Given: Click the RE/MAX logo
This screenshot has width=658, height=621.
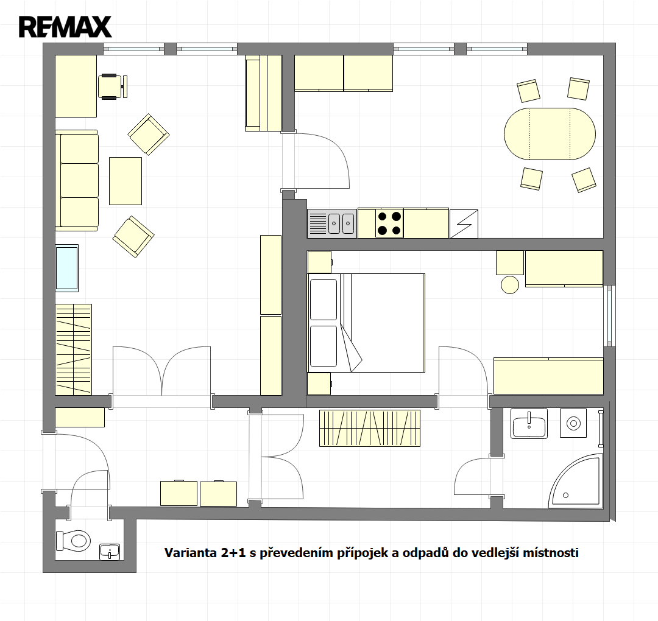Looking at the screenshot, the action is click(x=65, y=27).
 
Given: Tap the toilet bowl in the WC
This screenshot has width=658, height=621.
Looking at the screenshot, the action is click(x=74, y=540).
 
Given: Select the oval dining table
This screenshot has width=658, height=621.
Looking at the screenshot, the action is click(x=550, y=134).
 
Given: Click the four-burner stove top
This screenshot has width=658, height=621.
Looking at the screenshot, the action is click(x=389, y=223).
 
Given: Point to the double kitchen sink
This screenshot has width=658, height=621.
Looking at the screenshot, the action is click(x=332, y=223).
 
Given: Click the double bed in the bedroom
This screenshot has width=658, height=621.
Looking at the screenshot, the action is click(x=366, y=323).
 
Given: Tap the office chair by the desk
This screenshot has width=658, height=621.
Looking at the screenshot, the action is click(x=113, y=87).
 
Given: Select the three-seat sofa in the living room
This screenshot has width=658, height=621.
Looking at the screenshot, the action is click(x=77, y=180).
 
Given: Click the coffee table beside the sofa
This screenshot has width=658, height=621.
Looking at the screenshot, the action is click(x=126, y=181).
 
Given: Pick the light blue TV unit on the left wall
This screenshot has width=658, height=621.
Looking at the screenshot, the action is click(x=67, y=268).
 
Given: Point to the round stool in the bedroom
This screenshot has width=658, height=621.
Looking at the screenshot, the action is click(x=510, y=285).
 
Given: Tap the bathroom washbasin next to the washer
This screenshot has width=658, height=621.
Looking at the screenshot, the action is click(x=529, y=424).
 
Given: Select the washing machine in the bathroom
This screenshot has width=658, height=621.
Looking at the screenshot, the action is click(x=573, y=423).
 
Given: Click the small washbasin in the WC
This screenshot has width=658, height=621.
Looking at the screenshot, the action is click(x=110, y=552).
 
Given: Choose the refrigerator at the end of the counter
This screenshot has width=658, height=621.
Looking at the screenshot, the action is click(x=464, y=223).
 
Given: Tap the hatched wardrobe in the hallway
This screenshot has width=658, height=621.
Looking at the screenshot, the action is click(x=370, y=428).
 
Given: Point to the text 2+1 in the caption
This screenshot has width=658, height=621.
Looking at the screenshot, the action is click(x=233, y=553).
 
